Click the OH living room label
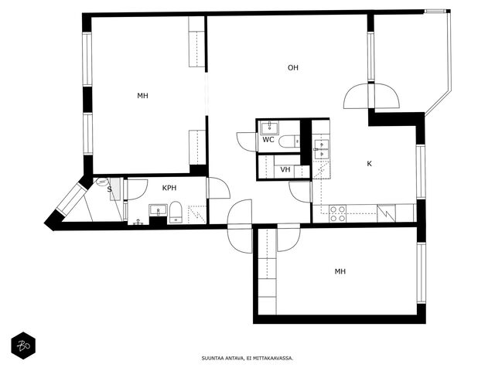[x=293, y=67]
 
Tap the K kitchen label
[x=370, y=164]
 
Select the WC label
[x=268, y=140]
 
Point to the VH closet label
[x=285, y=170]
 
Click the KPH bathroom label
[x=169, y=188]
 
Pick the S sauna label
[x=110, y=189]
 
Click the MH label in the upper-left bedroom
[x=142, y=96]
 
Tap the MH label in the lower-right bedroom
[x=340, y=271]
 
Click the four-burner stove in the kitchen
[x=337, y=213]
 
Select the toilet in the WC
[x=289, y=141]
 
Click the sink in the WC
[x=269, y=128]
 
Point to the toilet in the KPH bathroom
[x=176, y=213]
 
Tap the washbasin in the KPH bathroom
[x=158, y=210]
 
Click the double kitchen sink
[x=322, y=149]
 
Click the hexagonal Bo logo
[x=23, y=345]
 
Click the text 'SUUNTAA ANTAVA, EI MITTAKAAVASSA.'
[x=247, y=359]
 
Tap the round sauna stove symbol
[x=101, y=182]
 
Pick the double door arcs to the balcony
[x=371, y=96]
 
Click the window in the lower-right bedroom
[x=421, y=273]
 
